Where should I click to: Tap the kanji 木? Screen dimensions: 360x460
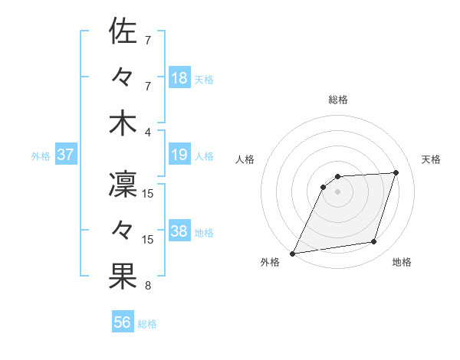(123, 123)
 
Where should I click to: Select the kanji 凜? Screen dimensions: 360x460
(123, 185)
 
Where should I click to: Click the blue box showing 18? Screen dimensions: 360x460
(179, 77)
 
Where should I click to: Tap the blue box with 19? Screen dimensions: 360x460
(179, 155)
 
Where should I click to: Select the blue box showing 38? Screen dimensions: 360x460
(179, 231)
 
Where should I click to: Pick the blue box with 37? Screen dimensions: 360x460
(66, 155)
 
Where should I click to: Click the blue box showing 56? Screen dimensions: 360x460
(123, 322)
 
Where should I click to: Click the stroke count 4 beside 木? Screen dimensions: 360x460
(148, 133)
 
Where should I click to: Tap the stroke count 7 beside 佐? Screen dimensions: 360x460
(148, 40)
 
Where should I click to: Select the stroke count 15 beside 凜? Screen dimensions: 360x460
(148, 194)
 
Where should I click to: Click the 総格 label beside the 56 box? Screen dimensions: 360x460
(147, 324)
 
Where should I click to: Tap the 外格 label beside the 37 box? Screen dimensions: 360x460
(41, 156)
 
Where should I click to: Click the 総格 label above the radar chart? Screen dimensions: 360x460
(337, 100)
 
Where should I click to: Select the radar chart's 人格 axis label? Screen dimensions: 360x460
(245, 159)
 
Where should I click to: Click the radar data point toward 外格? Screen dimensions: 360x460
(293, 253)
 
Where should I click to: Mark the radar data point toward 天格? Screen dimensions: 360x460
(396, 172)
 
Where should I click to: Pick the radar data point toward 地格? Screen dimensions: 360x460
(374, 242)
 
